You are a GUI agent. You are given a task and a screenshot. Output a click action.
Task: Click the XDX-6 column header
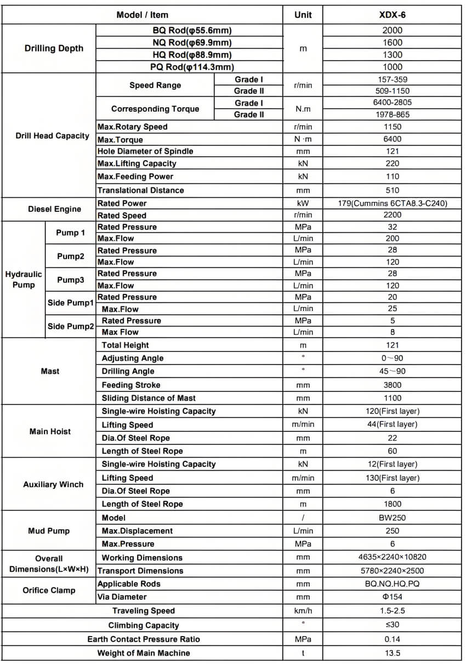pos(392,15)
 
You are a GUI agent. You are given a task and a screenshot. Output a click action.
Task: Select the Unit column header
pos(303,15)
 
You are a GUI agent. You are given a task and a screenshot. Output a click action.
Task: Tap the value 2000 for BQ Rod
pos(392,31)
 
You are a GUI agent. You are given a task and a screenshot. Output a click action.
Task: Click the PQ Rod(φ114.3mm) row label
pos(192,67)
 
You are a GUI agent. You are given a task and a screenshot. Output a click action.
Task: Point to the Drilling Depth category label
pos(54,48)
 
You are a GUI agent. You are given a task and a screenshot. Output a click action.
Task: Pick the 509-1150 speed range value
pos(392,91)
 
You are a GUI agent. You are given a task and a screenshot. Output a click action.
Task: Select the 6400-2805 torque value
pos(392,102)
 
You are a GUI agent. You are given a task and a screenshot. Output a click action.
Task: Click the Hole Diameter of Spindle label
pos(145,151)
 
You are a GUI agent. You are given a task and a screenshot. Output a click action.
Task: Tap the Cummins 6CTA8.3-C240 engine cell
pos(392,203)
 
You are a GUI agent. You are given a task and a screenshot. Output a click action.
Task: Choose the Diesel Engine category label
pos(54,209)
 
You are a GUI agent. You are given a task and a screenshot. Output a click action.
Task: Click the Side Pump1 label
pos(70,303)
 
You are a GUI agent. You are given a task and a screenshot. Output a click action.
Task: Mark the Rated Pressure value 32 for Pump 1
pos(392,227)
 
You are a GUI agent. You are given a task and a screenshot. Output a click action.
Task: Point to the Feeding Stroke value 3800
pos(392,385)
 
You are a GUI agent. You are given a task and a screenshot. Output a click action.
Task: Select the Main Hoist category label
pos(50,431)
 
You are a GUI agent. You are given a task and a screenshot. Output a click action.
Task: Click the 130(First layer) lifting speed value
pos(392,478)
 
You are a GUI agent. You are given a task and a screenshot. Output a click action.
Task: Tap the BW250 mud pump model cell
pos(392,518)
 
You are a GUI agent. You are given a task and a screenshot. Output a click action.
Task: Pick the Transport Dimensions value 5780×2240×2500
pos(392,571)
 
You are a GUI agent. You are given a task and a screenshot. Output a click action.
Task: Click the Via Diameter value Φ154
pos(392,597)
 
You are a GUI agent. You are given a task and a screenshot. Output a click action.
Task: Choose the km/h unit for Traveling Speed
pos(303,611)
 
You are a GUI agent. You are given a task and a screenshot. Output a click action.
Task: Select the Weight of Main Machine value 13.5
pos(392,653)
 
